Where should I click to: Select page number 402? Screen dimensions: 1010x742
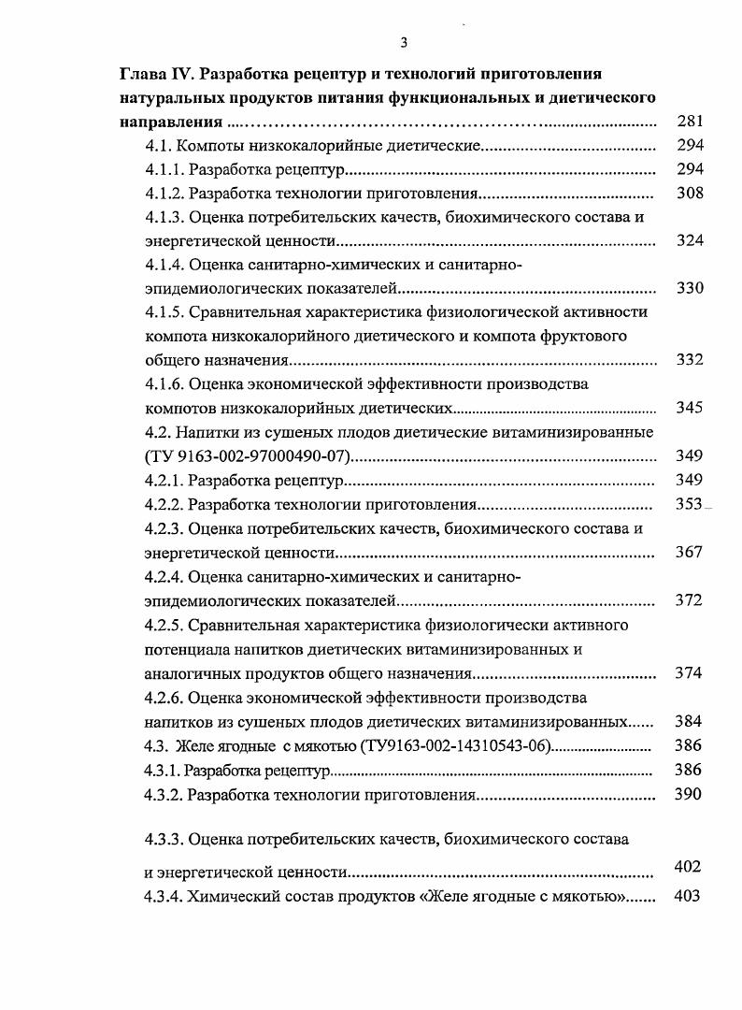[687, 867]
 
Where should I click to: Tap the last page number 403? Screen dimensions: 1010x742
[687, 896]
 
